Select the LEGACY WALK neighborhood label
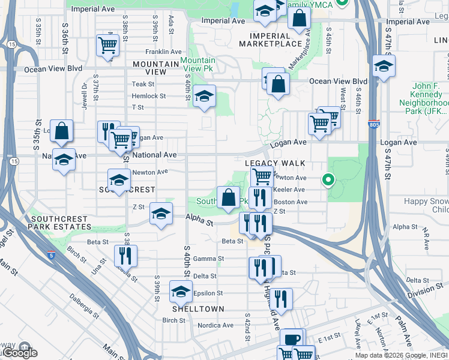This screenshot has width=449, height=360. [275, 163]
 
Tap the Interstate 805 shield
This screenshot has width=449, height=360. [373, 124]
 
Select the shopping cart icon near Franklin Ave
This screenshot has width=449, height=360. [107, 45]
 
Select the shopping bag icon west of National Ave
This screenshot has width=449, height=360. [61, 130]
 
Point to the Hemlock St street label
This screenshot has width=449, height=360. [149, 96]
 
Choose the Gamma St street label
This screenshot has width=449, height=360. [212, 259]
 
